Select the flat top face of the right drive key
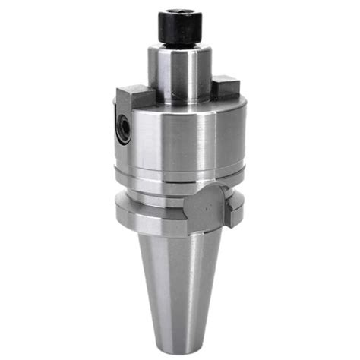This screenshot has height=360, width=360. coord(226,79)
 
